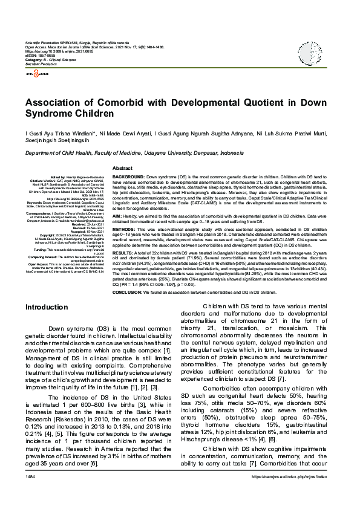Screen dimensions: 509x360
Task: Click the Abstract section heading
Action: (x=122, y=167)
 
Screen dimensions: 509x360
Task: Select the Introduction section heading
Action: (x=46, y=308)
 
